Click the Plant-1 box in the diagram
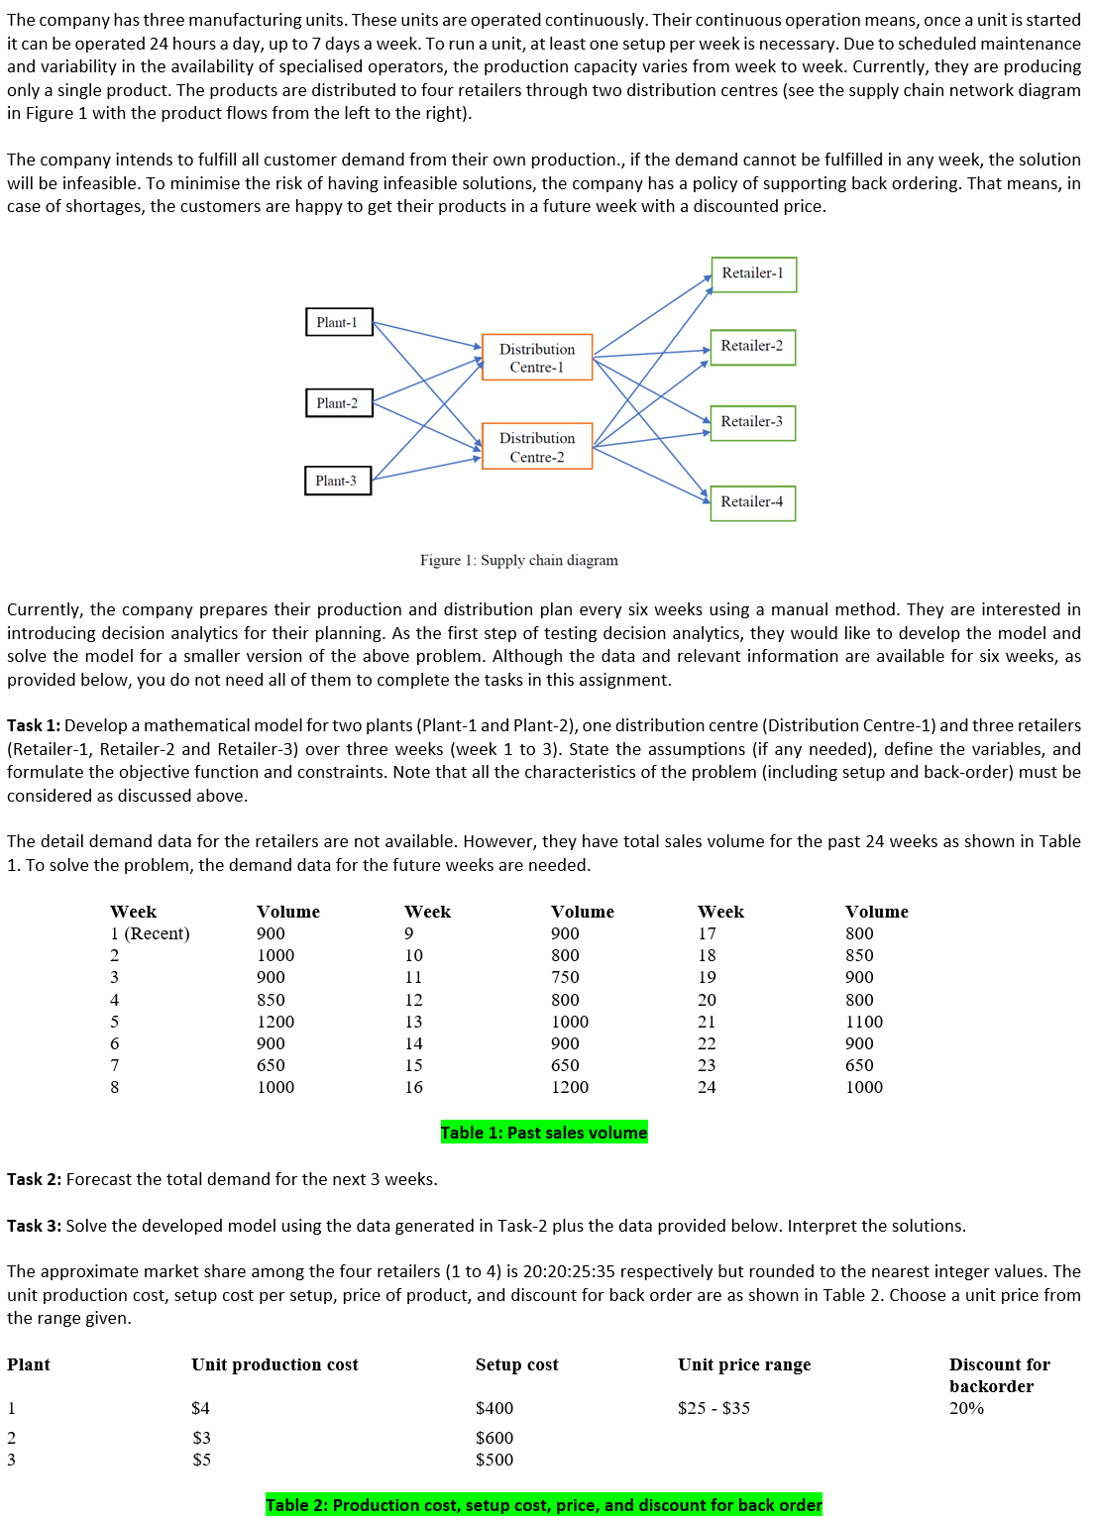[338, 322]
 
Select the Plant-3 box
[337, 481]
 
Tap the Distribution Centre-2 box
[536, 447]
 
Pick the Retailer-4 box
[752, 502]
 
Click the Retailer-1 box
[753, 273]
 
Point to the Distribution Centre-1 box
[536, 358]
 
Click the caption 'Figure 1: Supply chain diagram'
[518, 560]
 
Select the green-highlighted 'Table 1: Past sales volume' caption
[543, 1133]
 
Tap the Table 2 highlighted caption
[543, 1505]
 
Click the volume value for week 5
[274, 1022]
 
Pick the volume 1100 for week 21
[863, 1022]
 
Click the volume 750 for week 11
[565, 977]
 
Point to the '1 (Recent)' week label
[150, 933]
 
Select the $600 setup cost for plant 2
[494, 1438]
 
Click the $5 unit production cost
[201, 1460]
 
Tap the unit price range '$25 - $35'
[714, 1408]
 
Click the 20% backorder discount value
[966, 1408]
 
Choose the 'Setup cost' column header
[516, 1364]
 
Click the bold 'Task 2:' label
[34, 1179]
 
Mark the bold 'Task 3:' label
[34, 1226]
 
